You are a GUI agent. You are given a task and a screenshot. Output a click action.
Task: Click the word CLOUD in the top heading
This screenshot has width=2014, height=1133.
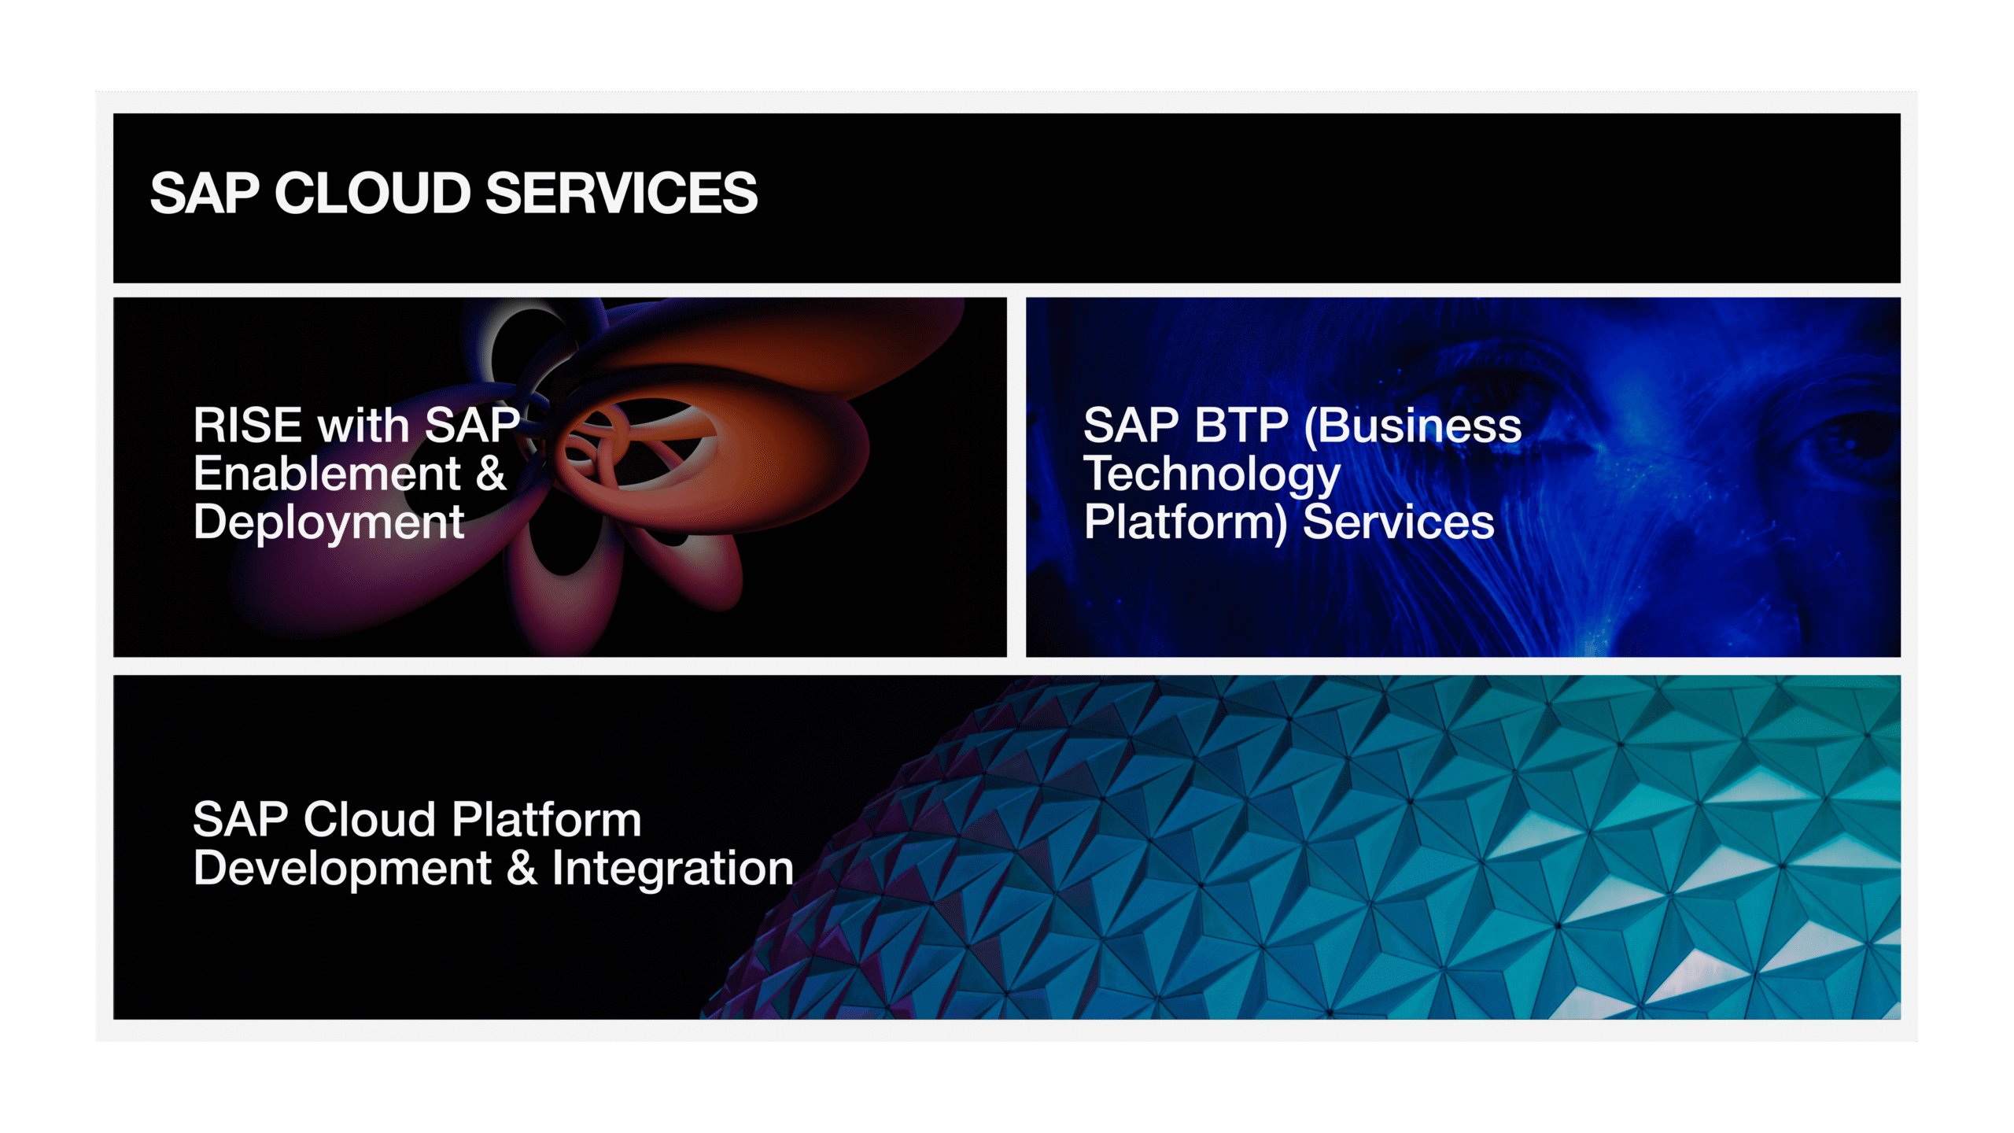[373, 194]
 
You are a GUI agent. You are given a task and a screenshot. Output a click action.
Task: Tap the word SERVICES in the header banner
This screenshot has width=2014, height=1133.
[622, 194]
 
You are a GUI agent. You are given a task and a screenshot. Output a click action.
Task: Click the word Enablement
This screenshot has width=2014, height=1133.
[327, 474]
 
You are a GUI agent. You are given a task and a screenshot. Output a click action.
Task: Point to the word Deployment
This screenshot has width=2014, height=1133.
[329, 523]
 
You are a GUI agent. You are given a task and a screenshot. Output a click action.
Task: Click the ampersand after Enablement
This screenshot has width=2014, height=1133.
[491, 474]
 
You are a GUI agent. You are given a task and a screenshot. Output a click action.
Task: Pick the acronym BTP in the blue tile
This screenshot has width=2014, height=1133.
[1241, 426]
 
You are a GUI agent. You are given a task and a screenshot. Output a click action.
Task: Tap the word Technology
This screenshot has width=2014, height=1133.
[1212, 475]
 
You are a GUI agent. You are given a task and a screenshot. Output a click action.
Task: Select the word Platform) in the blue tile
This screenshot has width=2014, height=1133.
[1186, 523]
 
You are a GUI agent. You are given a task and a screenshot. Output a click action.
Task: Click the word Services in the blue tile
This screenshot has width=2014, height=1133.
[1399, 522]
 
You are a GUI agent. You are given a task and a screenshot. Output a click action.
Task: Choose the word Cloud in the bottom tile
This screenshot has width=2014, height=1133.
[370, 819]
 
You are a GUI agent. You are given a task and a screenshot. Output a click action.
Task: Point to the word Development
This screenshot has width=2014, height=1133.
[342, 869]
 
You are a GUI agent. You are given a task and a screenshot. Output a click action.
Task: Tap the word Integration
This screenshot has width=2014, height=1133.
[673, 869]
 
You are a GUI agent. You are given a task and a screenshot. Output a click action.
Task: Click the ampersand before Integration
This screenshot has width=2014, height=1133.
[522, 868]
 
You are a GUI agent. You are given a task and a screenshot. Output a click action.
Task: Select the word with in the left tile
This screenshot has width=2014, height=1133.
[363, 426]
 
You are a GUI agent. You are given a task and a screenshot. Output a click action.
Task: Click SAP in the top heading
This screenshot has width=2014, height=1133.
[205, 194]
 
